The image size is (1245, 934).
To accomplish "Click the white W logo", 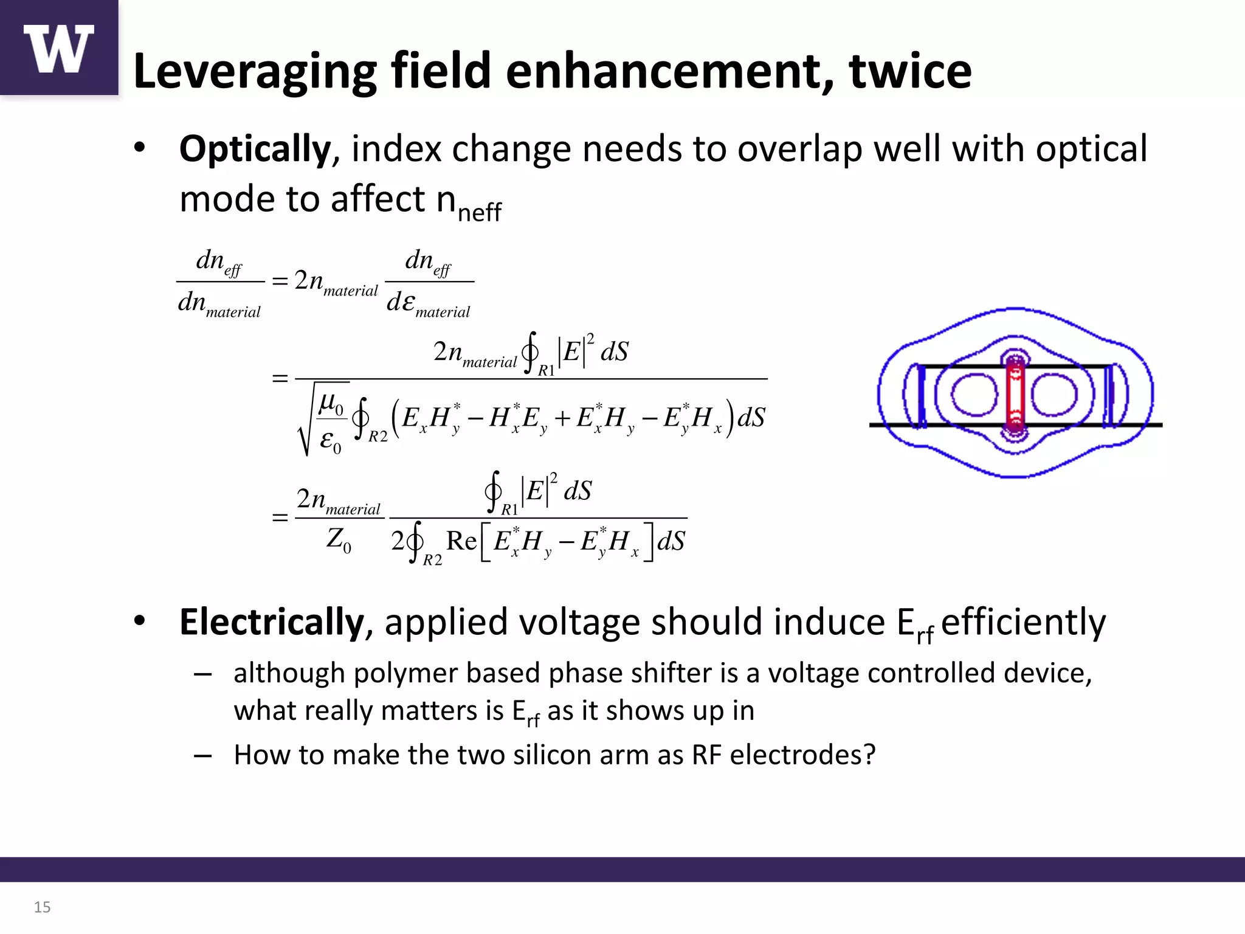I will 58,49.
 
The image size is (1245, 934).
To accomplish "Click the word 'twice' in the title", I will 910,71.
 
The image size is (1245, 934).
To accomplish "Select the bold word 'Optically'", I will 255,149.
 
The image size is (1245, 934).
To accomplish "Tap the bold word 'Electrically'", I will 271,622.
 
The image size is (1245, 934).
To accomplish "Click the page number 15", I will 42,907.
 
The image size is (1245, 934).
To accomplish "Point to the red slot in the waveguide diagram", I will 1014,394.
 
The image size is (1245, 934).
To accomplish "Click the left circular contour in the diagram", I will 974,395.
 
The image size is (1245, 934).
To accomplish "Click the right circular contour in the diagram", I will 1054,395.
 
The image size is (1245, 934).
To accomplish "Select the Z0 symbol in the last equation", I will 339,539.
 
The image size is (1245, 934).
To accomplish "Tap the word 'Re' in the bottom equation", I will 461,541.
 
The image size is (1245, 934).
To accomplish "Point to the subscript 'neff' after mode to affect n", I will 479,212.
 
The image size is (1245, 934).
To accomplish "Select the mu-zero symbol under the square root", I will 331,402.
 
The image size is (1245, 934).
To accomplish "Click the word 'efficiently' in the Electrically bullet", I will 1024,622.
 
